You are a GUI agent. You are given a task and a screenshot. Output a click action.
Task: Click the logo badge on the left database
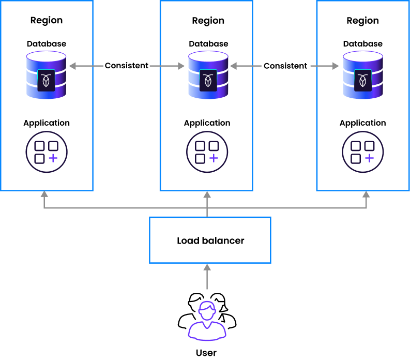[46, 80]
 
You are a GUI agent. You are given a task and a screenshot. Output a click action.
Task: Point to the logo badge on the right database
[363, 80]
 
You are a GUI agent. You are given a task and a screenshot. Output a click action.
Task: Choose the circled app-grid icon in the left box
[47, 152]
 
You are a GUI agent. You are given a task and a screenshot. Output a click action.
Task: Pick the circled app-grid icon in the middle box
[207, 152]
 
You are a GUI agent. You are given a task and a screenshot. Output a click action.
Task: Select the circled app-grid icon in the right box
[363, 152]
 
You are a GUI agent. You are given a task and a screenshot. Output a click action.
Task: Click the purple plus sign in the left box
[53, 158]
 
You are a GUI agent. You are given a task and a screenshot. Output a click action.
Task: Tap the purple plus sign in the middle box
[214, 158]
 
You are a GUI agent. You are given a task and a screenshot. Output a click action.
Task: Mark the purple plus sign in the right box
[369, 158]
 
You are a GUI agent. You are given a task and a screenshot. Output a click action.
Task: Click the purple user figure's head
[207, 311]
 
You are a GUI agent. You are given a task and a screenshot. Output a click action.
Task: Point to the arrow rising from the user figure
[207, 276]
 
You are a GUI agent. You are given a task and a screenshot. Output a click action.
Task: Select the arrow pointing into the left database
[86, 66]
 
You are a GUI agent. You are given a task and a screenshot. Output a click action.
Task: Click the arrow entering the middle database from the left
[167, 66]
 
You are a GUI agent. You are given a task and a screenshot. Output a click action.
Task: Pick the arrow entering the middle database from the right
[246, 66]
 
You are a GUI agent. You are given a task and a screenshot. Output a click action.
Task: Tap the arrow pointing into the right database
[325, 66]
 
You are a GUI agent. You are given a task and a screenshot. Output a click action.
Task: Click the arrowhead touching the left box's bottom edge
[44, 195]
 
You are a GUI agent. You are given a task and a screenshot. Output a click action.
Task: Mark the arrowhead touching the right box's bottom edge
[366, 195]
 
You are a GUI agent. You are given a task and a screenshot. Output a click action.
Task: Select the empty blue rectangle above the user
[210, 240]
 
